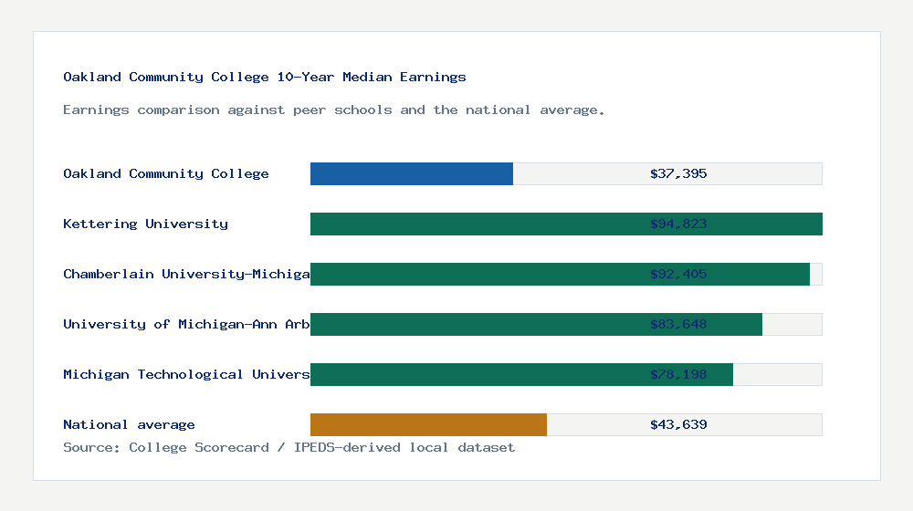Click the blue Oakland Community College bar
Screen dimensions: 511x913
[411, 173]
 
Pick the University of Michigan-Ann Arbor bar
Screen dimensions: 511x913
[475, 324]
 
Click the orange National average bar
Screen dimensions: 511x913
[428, 424]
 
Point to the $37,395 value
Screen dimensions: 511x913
[678, 173]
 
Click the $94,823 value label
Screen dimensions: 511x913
[678, 224]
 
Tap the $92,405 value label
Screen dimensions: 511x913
[678, 274]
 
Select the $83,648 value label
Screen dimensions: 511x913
[678, 324]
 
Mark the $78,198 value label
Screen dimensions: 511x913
[678, 374]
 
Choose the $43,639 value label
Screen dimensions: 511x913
[678, 424]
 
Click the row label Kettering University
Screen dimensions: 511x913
[145, 224]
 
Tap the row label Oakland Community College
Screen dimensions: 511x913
[165, 173]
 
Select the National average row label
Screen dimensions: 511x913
[129, 424]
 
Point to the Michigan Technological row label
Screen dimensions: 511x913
[186, 374]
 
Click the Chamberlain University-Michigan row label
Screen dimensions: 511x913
[186, 274]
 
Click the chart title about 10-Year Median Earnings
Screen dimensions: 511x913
[265, 77]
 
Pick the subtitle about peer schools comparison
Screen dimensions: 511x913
[334, 109]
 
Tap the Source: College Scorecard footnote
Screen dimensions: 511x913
[289, 447]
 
